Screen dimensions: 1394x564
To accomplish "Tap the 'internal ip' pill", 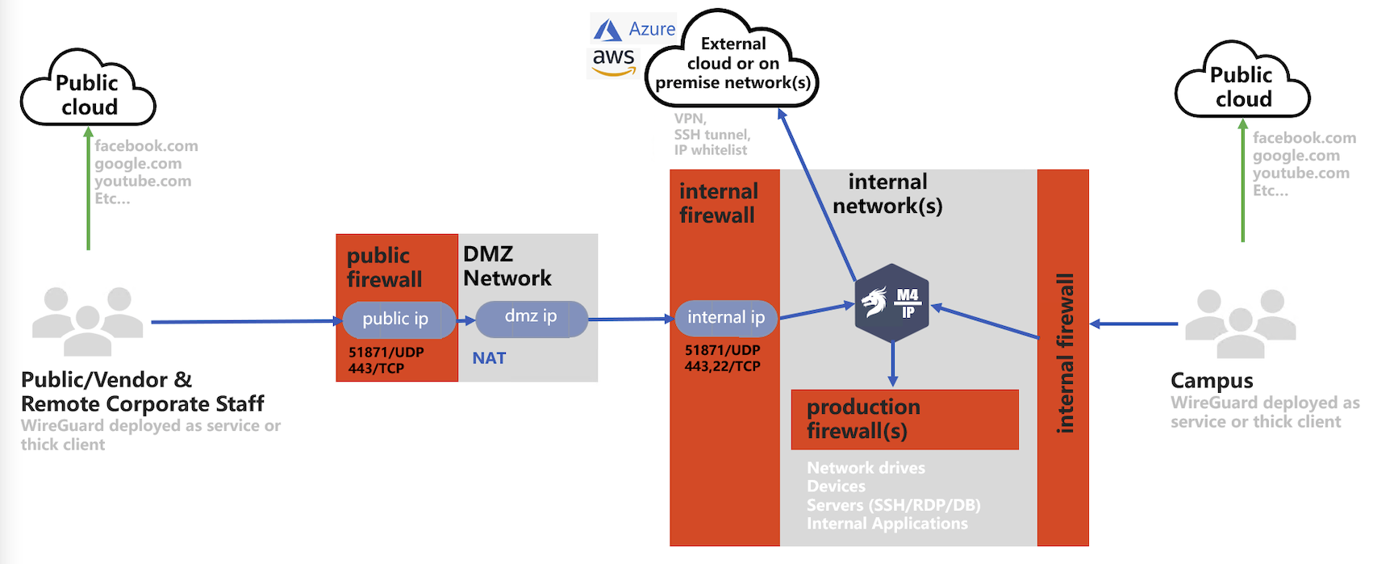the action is pyautogui.click(x=726, y=318).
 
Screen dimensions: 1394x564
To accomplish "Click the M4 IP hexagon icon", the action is pyautogui.click(x=892, y=303).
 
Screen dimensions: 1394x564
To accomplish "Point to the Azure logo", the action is pyautogui.click(x=634, y=30).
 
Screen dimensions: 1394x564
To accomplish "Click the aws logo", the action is pyautogui.click(x=614, y=61).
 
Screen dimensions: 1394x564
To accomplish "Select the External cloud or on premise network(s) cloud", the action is pyautogui.click(x=732, y=61).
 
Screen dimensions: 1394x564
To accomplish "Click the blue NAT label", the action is pyautogui.click(x=489, y=358).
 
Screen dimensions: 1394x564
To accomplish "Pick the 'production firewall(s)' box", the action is pyautogui.click(x=905, y=420).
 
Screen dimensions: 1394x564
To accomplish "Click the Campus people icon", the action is pyautogui.click(x=1241, y=323).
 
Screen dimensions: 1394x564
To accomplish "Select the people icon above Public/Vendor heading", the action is pyautogui.click(x=88, y=321).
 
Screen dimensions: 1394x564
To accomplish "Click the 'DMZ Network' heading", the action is pyautogui.click(x=507, y=266).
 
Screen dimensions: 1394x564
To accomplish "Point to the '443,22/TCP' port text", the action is pyautogui.click(x=723, y=366).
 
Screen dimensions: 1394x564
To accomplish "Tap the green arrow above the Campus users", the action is pyautogui.click(x=1243, y=181).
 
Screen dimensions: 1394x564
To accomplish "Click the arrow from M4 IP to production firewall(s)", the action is pyautogui.click(x=892, y=365).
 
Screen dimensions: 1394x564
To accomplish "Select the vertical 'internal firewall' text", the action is pyautogui.click(x=1065, y=353).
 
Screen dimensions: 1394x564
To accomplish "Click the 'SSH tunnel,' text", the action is pyautogui.click(x=712, y=135).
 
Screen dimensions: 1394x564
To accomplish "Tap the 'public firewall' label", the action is pyautogui.click(x=385, y=268).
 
